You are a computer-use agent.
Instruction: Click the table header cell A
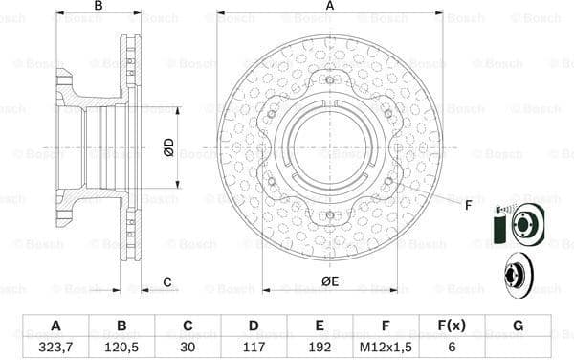55,325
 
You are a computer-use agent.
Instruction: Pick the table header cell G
518,325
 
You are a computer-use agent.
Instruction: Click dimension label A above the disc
330,6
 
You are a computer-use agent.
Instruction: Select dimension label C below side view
166,281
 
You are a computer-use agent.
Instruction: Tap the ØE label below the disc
331,281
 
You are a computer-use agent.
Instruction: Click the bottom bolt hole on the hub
330,214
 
